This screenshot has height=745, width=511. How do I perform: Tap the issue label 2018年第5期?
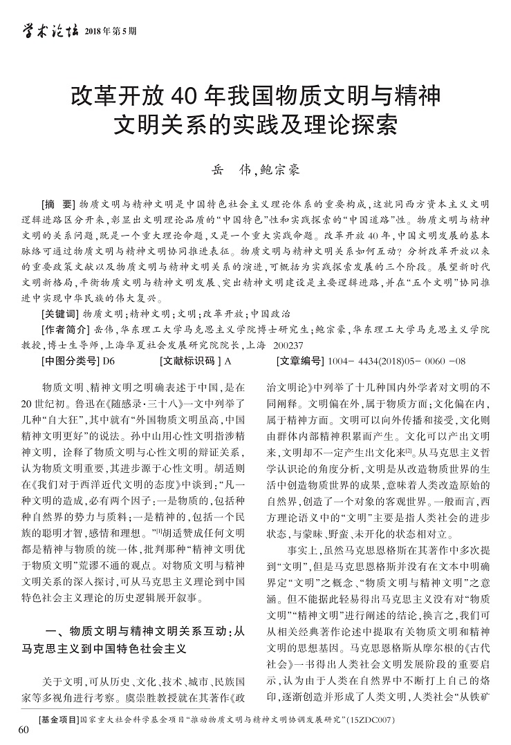(x=110, y=31)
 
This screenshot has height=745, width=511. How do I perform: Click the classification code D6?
(x=109, y=361)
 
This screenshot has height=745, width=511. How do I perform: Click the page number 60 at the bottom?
(x=25, y=730)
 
